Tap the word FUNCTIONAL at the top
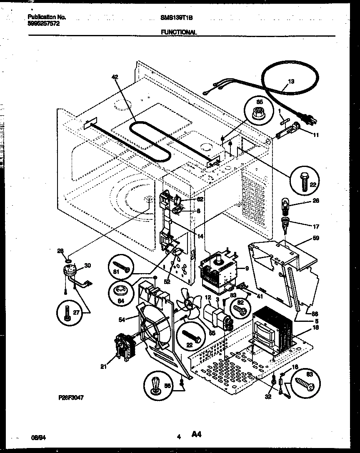pyautogui.click(x=179, y=32)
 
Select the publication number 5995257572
pyautogui.click(x=43, y=24)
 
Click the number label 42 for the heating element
pyautogui.click(x=115, y=77)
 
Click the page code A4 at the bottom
pyautogui.click(x=197, y=435)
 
